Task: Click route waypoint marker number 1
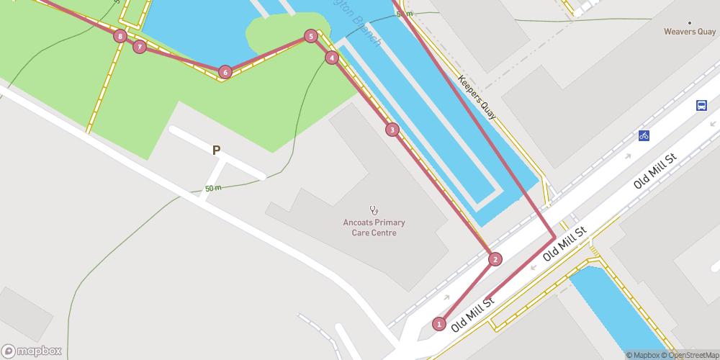(439, 324)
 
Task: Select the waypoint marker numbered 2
(495, 259)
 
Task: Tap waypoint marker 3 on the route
(392, 130)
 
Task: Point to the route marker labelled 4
(332, 58)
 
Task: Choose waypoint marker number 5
(310, 36)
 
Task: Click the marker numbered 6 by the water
(225, 71)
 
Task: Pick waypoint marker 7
(139, 47)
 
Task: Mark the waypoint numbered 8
(120, 36)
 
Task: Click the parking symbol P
(215, 150)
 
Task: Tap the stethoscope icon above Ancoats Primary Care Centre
(374, 210)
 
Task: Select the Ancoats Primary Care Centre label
(374, 228)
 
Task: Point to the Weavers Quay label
(690, 32)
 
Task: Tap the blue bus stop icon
(701, 106)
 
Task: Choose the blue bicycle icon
(644, 135)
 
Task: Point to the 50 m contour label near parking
(213, 189)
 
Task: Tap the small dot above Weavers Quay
(690, 22)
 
